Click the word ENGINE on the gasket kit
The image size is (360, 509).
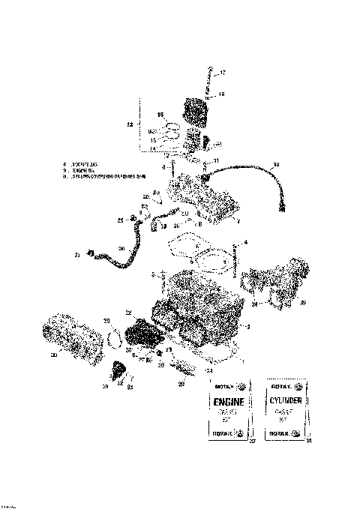(x=228, y=402)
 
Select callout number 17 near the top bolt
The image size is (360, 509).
(x=222, y=73)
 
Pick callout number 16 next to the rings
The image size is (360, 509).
(x=160, y=114)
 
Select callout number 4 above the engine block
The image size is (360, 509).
(x=244, y=243)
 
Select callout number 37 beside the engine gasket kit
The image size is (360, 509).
(x=252, y=441)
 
